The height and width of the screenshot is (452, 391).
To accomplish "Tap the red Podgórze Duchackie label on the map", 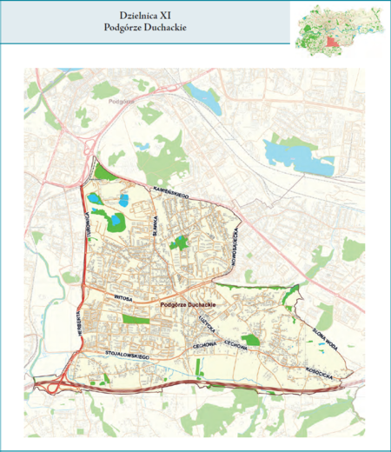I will coord(188,306).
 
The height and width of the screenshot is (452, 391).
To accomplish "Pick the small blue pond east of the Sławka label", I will coord(180,240).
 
